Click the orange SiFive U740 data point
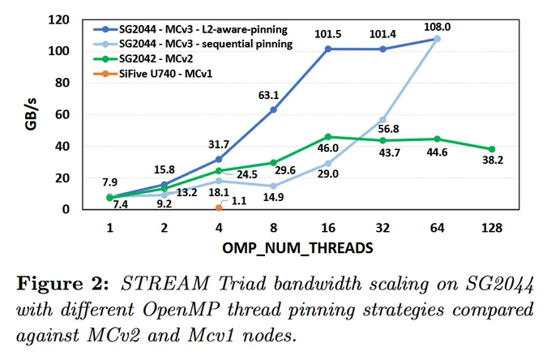pyautogui.click(x=219, y=208)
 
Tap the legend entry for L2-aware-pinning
pyautogui.click(x=190, y=29)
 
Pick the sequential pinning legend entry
pyautogui.click(x=193, y=44)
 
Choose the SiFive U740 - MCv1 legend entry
pyautogui.click(x=153, y=74)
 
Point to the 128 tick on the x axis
pyautogui.click(x=492, y=228)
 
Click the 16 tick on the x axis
pyautogui.click(x=328, y=228)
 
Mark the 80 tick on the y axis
pyautogui.click(x=62, y=83)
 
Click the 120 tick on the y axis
pyautogui.click(x=58, y=19)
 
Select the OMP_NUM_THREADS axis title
pyautogui.click(x=297, y=248)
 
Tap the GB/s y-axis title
pyautogui.click(x=31, y=114)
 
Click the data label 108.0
pyautogui.click(x=437, y=27)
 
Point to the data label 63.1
pyautogui.click(x=268, y=95)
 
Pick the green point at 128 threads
pyautogui.click(x=492, y=149)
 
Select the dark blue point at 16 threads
pyautogui.click(x=328, y=49)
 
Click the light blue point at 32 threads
pyautogui.click(x=382, y=120)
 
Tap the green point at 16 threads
pyautogui.click(x=328, y=137)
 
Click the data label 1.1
pyautogui.click(x=239, y=201)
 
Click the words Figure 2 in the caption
pyautogui.click(x=62, y=284)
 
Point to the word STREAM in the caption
pyautogui.click(x=165, y=284)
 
